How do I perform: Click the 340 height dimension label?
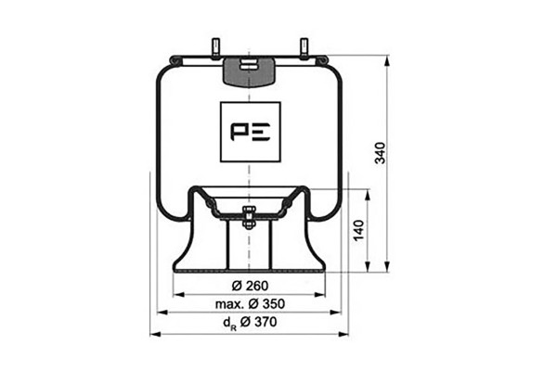click(x=381, y=153)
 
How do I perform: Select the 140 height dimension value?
click(x=359, y=230)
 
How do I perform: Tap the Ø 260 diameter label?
click(x=250, y=286)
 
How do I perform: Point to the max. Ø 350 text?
click(x=250, y=304)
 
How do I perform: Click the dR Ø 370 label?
click(x=250, y=323)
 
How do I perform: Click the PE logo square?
click(x=251, y=132)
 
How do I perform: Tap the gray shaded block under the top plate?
click(x=250, y=72)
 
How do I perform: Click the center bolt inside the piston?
click(x=248, y=218)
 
